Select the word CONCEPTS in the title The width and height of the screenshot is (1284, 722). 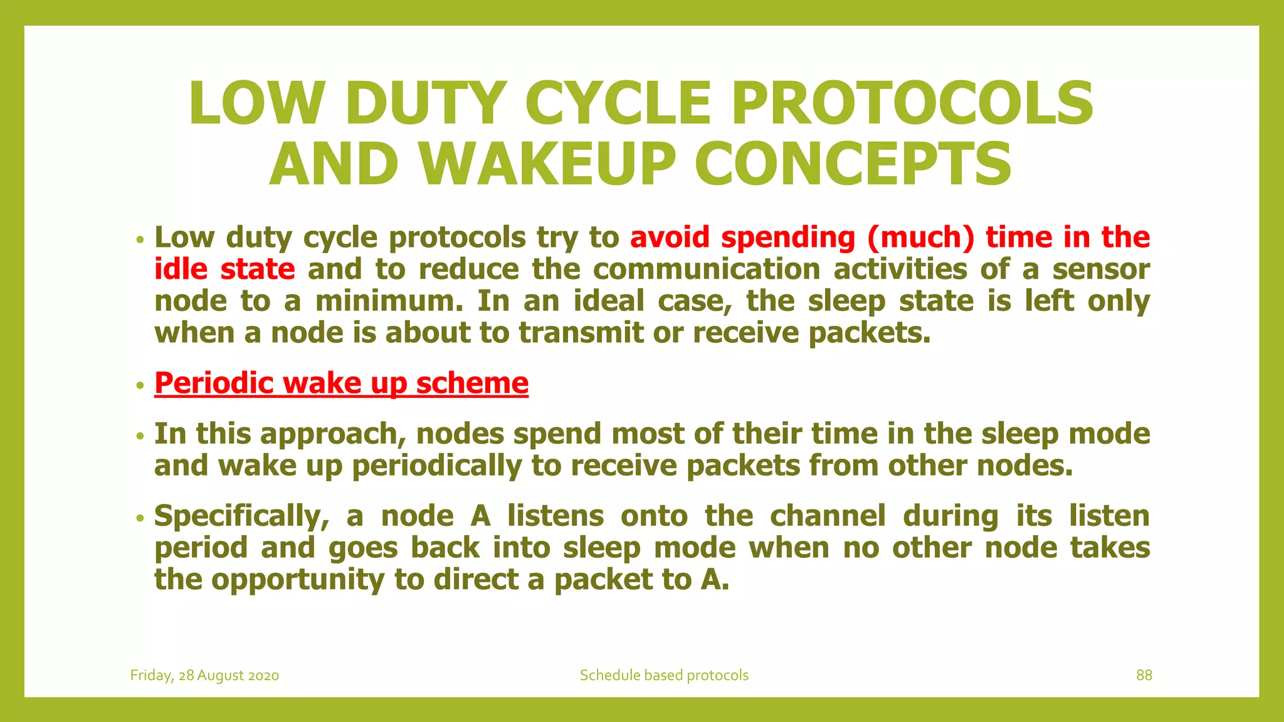point(853,164)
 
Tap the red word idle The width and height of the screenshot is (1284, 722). point(181,269)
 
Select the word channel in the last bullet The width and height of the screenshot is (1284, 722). point(828,516)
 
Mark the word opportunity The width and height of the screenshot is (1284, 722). point(297,580)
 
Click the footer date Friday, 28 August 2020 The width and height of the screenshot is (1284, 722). point(204,675)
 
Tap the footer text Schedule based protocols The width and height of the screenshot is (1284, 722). point(664,675)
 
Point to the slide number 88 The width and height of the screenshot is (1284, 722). point(1144,675)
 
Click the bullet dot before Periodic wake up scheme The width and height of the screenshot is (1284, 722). point(140,385)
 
